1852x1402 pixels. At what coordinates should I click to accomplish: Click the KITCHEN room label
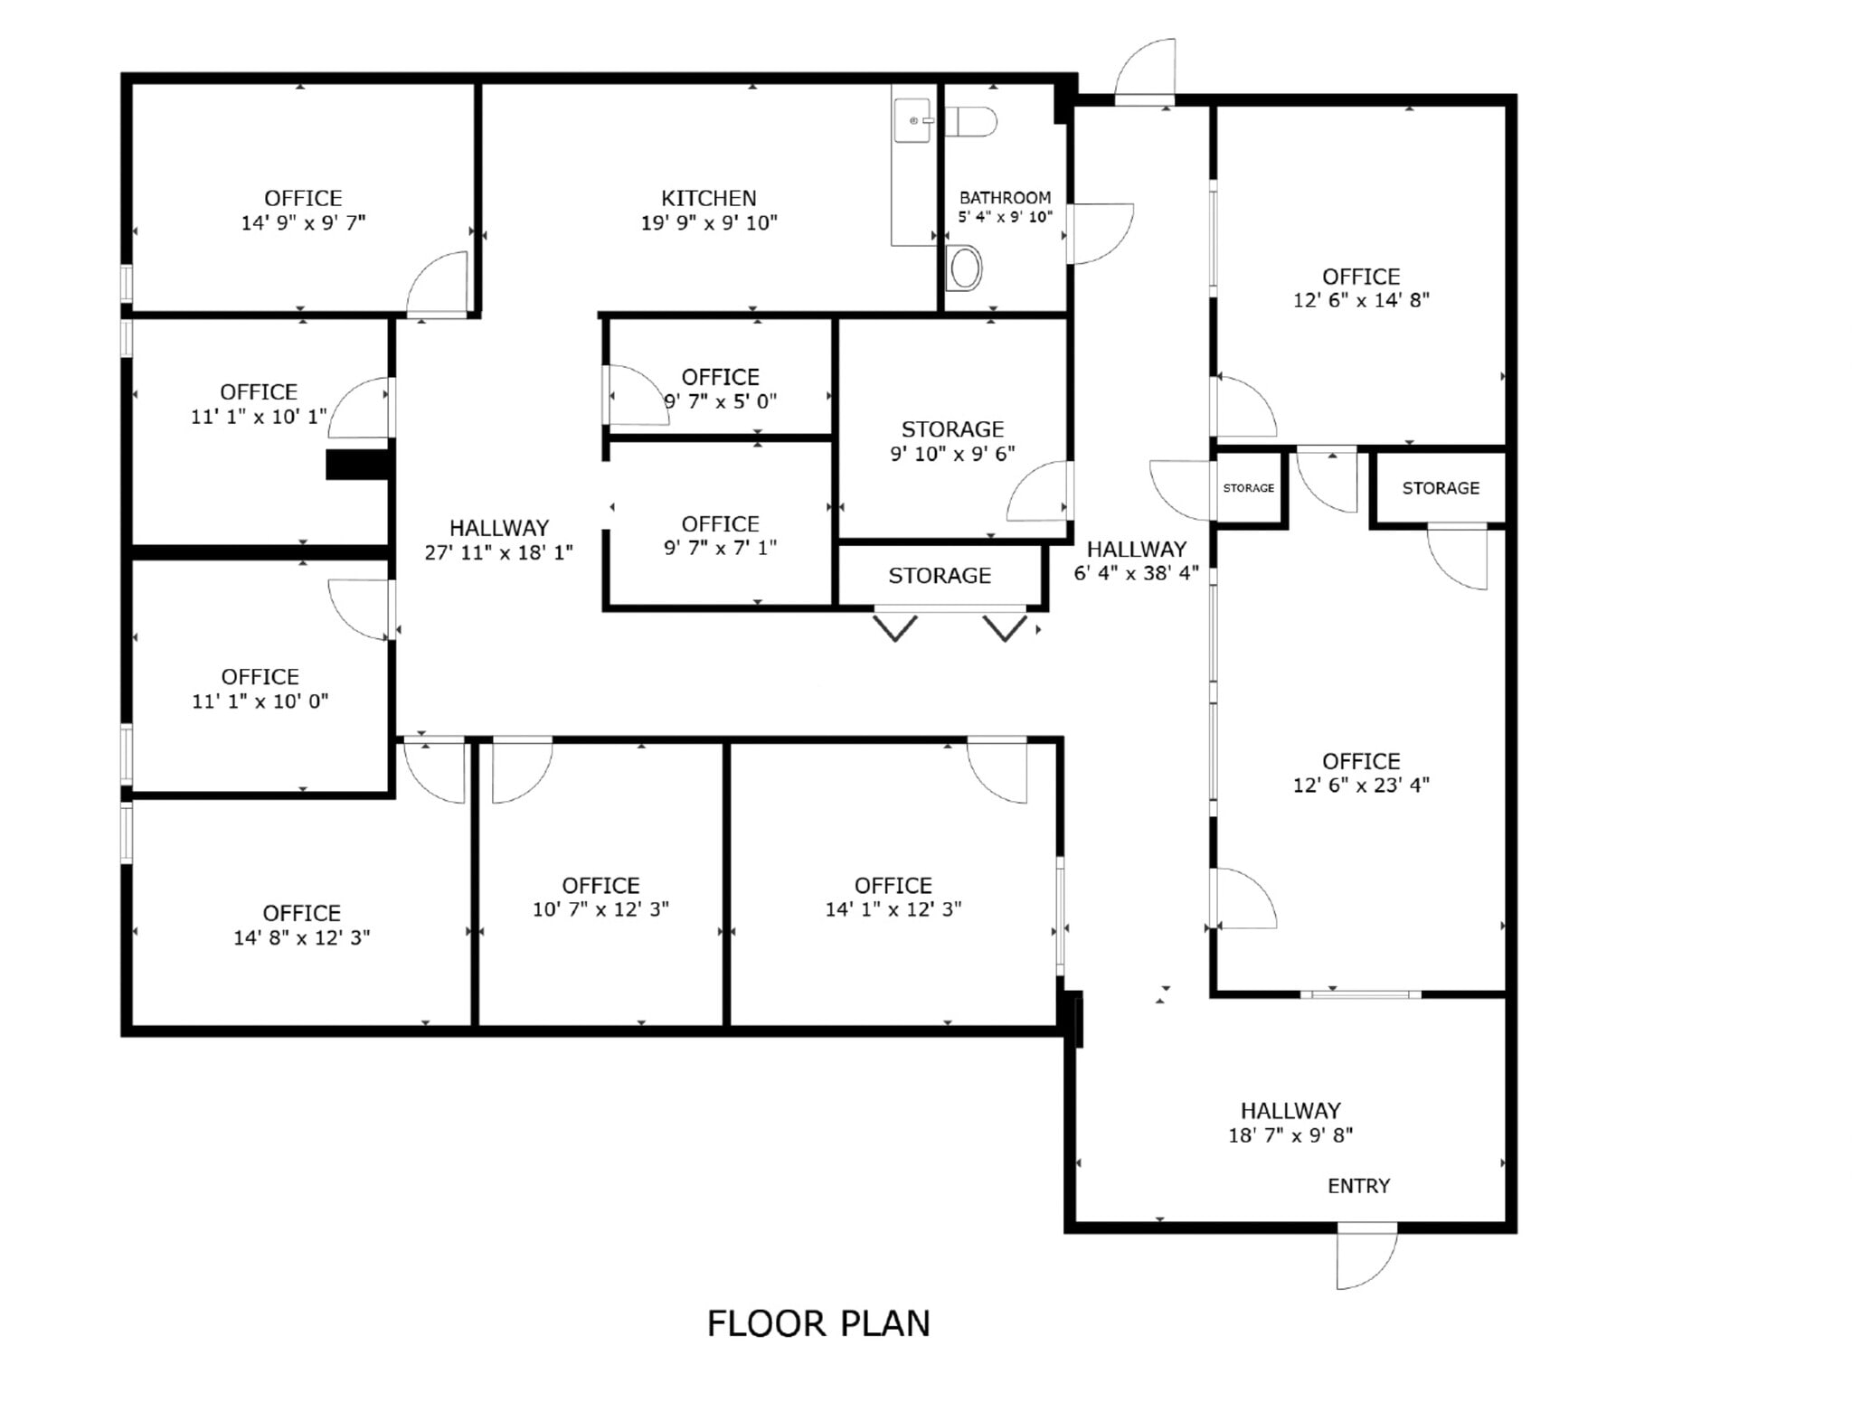[x=708, y=198]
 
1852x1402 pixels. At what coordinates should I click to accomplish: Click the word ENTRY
[x=1358, y=1186]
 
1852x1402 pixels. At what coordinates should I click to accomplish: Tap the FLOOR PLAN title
[x=817, y=1323]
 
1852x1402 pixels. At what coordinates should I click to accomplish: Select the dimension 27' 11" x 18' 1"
[x=498, y=552]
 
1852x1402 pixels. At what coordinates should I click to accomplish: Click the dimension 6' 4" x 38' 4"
[x=1136, y=573]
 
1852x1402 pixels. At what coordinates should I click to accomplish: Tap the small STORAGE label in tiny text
[x=1248, y=488]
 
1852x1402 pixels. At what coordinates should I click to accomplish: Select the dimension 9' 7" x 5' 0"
[x=721, y=401]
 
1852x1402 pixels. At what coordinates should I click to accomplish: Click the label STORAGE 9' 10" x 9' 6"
[x=952, y=441]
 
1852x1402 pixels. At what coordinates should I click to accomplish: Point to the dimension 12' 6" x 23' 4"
[x=1360, y=786]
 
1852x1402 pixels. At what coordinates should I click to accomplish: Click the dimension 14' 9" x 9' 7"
[x=303, y=222]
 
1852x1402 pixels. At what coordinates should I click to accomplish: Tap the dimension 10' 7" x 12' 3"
[x=600, y=909]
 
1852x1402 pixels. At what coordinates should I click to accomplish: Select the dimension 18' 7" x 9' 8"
[x=1290, y=1135]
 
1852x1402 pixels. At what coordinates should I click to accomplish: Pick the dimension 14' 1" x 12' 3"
[x=893, y=909]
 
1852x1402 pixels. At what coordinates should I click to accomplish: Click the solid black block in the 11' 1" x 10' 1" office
[x=357, y=465]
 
